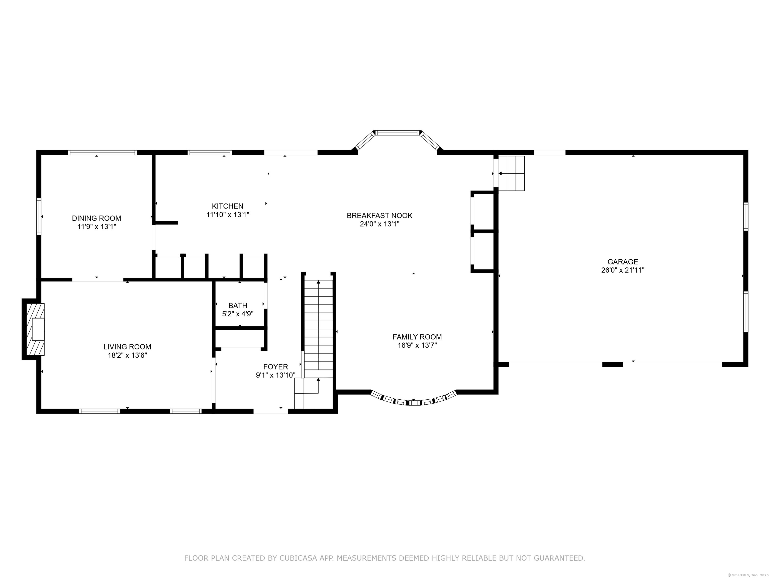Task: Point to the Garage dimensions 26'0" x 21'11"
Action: tap(623, 270)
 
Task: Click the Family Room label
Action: tap(417, 337)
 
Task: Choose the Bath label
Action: tap(238, 306)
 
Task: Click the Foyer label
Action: tap(276, 367)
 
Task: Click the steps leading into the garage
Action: tap(511, 173)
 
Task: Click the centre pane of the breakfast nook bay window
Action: tap(397, 132)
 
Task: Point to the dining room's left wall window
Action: tap(39, 217)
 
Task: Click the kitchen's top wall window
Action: tap(210, 152)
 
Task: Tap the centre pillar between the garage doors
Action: tap(613, 365)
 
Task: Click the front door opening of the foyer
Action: tap(271, 411)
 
